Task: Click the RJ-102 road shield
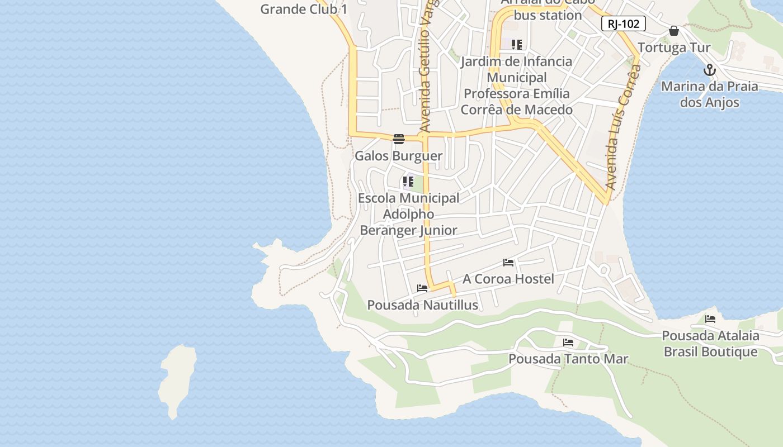pos(624,23)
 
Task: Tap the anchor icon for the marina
pos(709,70)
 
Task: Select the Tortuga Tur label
pos(674,47)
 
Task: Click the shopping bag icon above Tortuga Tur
pos(674,30)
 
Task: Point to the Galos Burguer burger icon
pos(398,139)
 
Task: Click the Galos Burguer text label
pos(398,156)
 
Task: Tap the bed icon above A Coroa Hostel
pos(508,262)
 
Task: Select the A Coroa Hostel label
pos(508,279)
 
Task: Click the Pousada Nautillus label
pos(422,305)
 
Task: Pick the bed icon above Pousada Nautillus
pos(422,288)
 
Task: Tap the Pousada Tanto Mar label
pos(568,359)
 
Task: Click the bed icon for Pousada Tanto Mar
pos(568,342)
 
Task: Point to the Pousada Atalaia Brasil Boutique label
pos(710,344)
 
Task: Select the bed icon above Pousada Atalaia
pos(710,319)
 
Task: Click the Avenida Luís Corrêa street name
pos(622,129)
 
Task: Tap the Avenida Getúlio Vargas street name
pos(428,67)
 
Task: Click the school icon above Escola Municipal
pos(408,181)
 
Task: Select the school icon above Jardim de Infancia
pos(516,44)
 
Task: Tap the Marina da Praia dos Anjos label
pos(709,94)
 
